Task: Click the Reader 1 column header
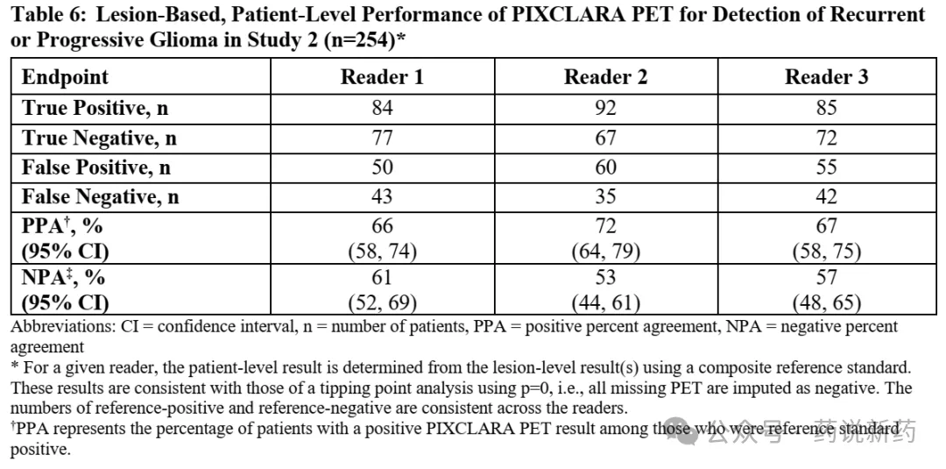pos(382,77)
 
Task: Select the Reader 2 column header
pos(606,77)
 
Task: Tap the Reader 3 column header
pos(827,77)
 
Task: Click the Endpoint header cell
pos(65,78)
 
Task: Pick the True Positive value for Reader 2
pos(606,108)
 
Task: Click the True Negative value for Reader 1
pos(383,139)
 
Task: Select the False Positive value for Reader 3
pos(827,167)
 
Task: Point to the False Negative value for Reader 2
pos(606,196)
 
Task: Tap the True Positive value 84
pos(383,108)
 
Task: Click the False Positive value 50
pos(383,167)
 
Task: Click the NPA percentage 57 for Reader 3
pos(827,277)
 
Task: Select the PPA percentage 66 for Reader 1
pos(383,226)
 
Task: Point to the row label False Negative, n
pos(100,197)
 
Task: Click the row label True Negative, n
pos(99,139)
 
